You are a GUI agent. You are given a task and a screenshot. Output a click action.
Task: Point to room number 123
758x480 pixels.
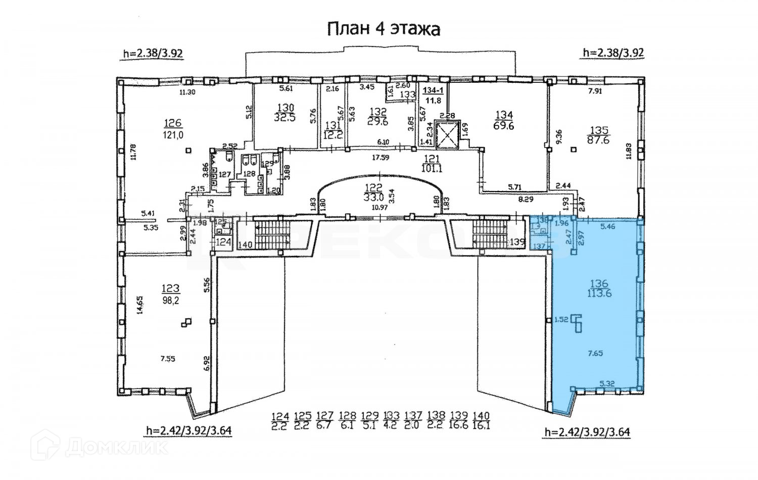pos(170,289)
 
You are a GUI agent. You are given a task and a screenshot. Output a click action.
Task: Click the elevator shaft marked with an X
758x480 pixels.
pos(445,135)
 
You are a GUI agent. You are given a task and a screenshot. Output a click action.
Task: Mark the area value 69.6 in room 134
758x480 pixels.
pos(503,126)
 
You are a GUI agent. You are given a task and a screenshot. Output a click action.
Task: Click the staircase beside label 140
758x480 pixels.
pos(271,234)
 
